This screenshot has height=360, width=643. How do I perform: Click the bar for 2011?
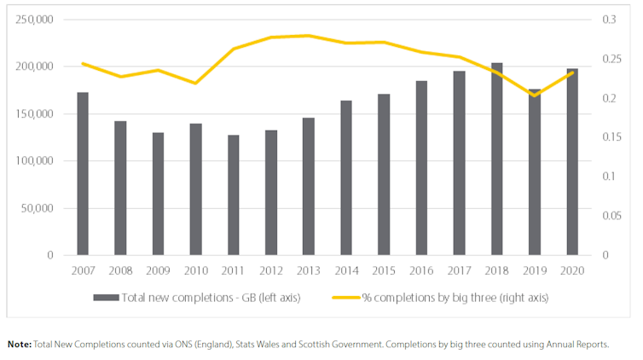click(x=233, y=195)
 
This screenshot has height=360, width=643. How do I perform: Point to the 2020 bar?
click(x=571, y=161)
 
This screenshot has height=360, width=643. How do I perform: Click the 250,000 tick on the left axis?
click(x=35, y=19)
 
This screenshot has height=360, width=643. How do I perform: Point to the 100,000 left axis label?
click(x=35, y=160)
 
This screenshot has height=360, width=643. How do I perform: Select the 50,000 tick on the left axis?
click(x=38, y=208)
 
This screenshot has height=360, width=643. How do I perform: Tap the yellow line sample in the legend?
click(x=339, y=297)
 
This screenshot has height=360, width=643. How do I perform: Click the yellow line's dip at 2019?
click(x=534, y=96)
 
